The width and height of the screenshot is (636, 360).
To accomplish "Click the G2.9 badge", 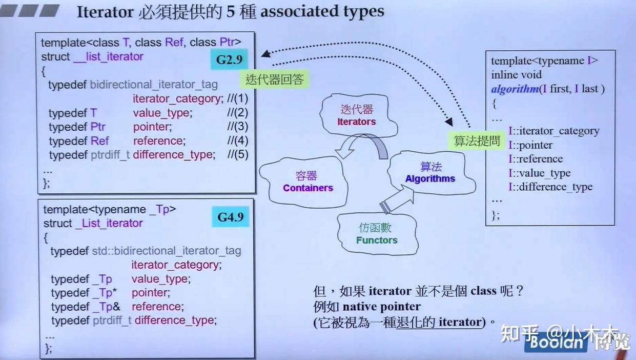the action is (229, 59).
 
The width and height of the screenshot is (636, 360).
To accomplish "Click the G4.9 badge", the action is (230, 217).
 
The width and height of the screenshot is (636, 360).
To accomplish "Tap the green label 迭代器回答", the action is (275, 79).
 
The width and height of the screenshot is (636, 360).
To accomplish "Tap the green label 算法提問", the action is (477, 141).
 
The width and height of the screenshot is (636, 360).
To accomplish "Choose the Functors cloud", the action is (377, 234).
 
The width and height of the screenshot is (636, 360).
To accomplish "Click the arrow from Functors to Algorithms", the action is (398, 199).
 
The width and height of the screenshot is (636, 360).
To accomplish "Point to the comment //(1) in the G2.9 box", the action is (237, 98).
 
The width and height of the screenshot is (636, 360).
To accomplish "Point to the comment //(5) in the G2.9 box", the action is (238, 154).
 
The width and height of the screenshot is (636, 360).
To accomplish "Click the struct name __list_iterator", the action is (108, 56).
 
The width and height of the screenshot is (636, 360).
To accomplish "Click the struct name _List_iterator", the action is (109, 223).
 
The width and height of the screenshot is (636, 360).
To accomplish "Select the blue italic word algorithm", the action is (515, 89).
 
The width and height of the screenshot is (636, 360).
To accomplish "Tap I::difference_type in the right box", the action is (550, 187).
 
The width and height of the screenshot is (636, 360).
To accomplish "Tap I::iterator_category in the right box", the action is (553, 131).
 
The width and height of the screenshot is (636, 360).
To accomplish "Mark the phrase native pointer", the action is (382, 307).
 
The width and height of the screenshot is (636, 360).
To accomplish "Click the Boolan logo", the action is (556, 343).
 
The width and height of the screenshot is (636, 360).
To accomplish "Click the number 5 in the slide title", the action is (230, 12).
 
